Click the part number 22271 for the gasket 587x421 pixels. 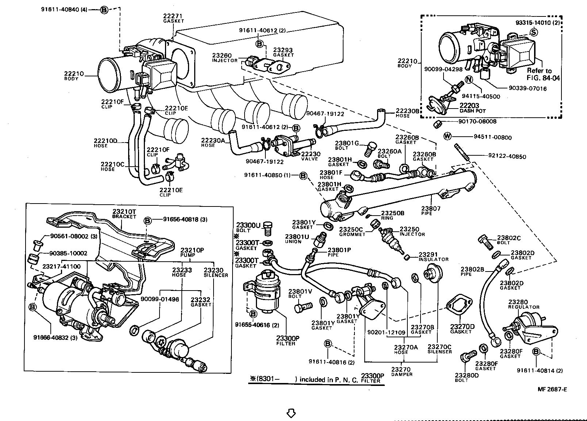point(173,16)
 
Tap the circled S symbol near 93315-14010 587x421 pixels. point(534,32)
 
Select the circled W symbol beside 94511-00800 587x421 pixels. point(447,137)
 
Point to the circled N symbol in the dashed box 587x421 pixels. point(469,80)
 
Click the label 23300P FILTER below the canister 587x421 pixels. point(286,341)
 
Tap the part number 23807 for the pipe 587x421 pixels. point(431,209)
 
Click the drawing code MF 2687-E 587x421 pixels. point(552,389)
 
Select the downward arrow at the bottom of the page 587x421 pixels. point(291,413)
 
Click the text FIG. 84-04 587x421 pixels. point(543,78)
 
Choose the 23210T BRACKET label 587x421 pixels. point(124,213)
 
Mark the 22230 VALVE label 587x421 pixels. point(310,156)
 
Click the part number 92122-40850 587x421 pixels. point(507,156)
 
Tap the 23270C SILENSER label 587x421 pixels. point(440,349)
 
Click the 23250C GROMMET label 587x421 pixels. point(352,232)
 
